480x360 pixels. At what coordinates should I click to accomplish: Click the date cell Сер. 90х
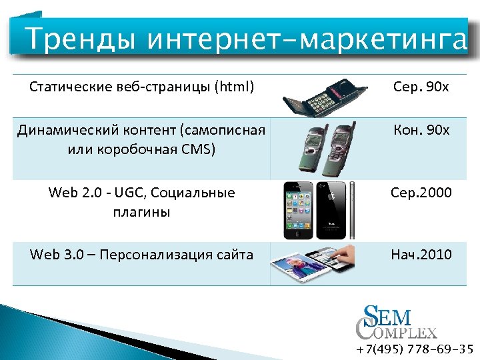point(421,87)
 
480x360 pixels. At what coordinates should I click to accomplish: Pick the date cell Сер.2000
point(421,193)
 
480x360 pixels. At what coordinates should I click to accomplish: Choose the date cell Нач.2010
point(421,254)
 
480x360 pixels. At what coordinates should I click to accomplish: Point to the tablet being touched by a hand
point(312,262)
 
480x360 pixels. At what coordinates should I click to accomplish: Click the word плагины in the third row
point(142,212)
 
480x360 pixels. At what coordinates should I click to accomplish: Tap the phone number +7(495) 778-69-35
point(414,349)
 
